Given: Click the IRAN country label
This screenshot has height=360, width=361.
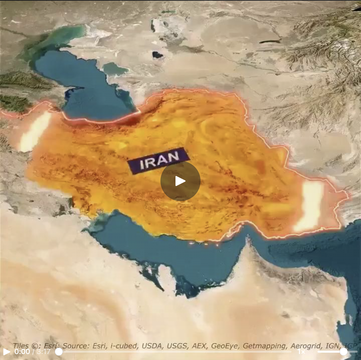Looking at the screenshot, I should (x=158, y=161).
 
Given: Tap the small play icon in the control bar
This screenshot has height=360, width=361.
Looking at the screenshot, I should (x=6, y=352).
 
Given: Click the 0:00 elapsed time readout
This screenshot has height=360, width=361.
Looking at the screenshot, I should (x=22, y=352).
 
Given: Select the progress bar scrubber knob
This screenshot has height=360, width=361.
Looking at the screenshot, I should (x=59, y=352).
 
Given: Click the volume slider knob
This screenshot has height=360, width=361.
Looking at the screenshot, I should (x=343, y=352).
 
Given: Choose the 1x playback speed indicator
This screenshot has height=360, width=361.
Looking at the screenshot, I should (x=301, y=352).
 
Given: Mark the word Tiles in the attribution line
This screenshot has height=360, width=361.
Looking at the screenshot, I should (x=21, y=346).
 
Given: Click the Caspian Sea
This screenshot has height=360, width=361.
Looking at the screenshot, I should (x=84, y=87).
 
